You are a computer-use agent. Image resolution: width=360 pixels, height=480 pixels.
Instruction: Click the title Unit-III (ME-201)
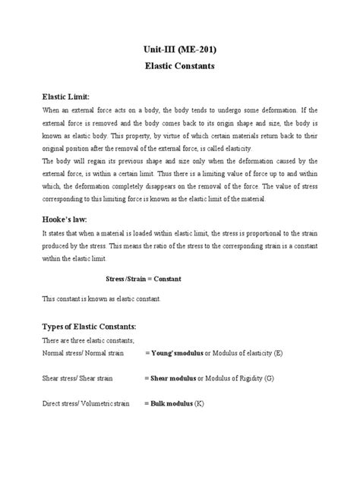pos(180,49)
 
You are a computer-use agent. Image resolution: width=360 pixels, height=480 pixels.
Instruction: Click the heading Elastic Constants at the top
pos(180,67)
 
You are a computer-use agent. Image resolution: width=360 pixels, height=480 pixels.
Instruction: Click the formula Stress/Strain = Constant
pos(142,279)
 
